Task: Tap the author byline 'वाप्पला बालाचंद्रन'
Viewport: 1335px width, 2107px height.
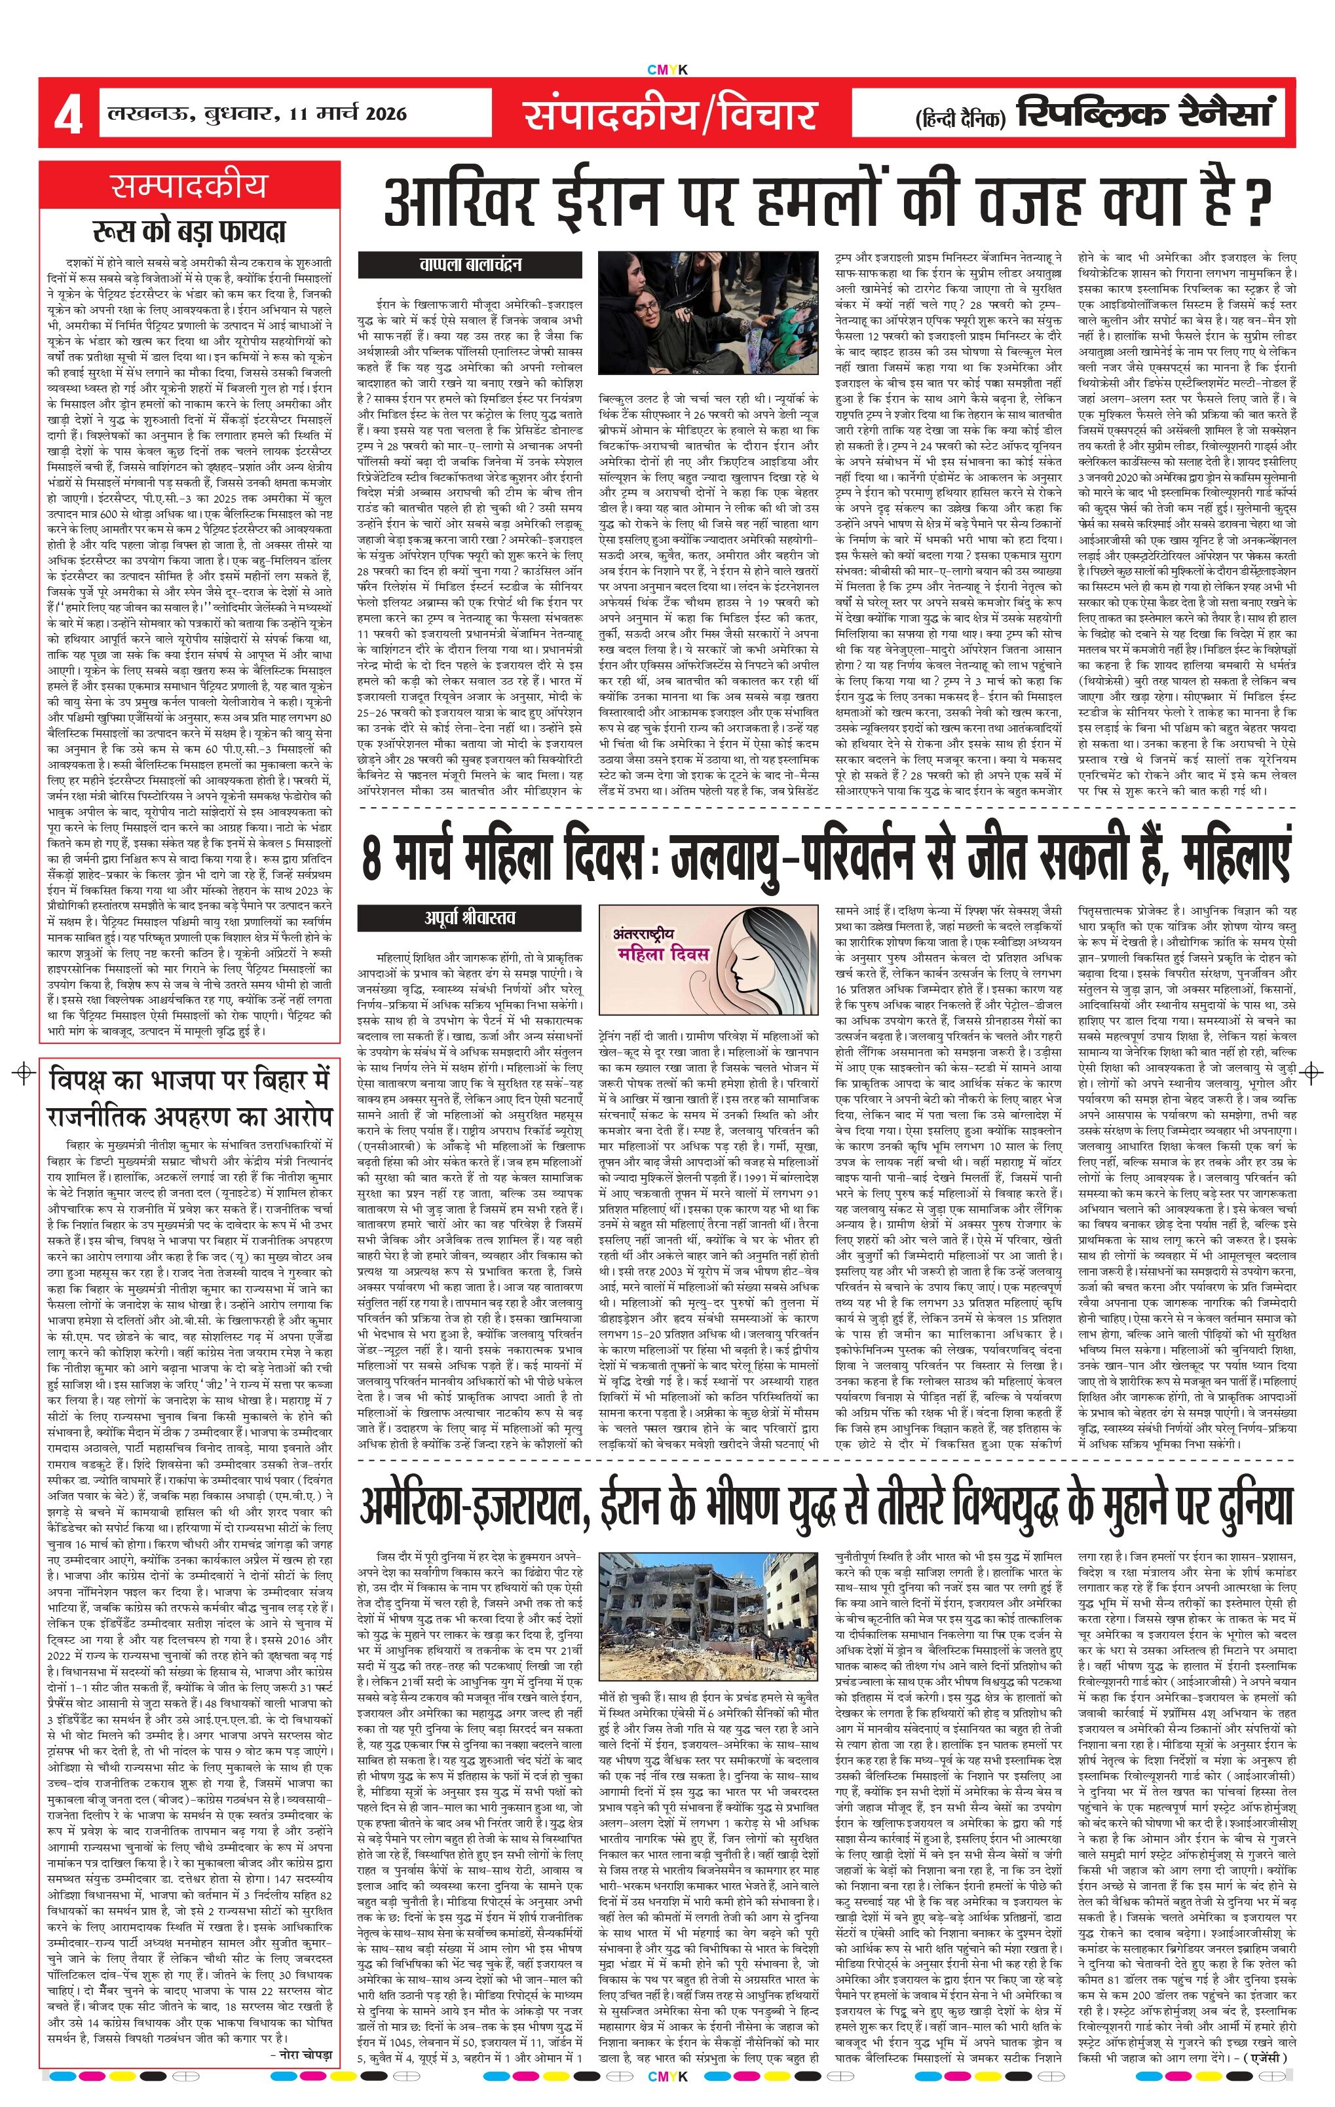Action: pos(470,264)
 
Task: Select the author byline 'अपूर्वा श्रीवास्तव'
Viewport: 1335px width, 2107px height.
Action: pos(470,918)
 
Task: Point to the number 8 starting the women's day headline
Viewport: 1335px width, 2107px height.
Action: pos(372,857)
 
